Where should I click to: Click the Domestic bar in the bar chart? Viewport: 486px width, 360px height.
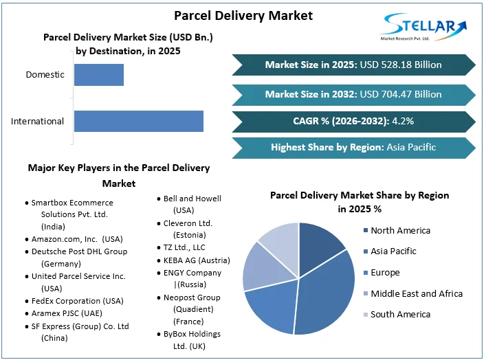pos(98,75)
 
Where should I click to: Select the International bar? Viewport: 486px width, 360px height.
pos(138,121)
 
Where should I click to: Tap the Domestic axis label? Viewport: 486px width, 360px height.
pos(45,74)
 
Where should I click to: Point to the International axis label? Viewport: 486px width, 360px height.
pos(37,122)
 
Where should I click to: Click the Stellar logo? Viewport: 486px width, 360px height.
pos(423,30)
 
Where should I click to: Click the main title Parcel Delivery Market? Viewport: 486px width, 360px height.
pos(243,15)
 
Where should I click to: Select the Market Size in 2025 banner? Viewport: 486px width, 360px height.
pos(353,65)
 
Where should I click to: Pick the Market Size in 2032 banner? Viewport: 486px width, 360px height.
pos(353,93)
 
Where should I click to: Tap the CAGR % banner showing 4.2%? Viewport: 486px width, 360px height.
pos(353,121)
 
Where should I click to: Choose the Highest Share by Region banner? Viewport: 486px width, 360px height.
pos(353,147)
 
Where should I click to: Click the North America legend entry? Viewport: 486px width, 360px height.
pos(400,231)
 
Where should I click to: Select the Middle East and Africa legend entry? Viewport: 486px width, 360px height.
pos(416,293)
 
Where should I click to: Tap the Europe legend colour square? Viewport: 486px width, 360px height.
pos(365,273)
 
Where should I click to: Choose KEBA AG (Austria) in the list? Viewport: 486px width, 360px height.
pos(197,260)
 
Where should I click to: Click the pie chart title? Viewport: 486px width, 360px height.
pos(360,202)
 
